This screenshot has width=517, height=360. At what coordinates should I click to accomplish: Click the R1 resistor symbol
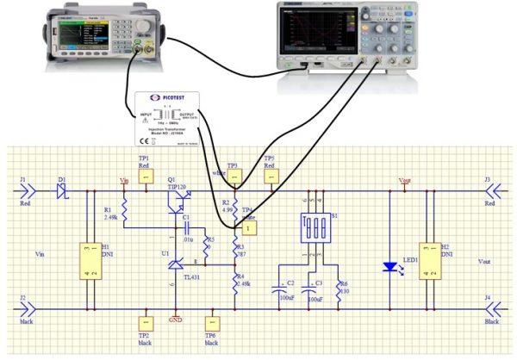coord(125,209)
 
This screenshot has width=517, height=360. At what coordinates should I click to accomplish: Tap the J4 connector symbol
coord(489,307)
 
